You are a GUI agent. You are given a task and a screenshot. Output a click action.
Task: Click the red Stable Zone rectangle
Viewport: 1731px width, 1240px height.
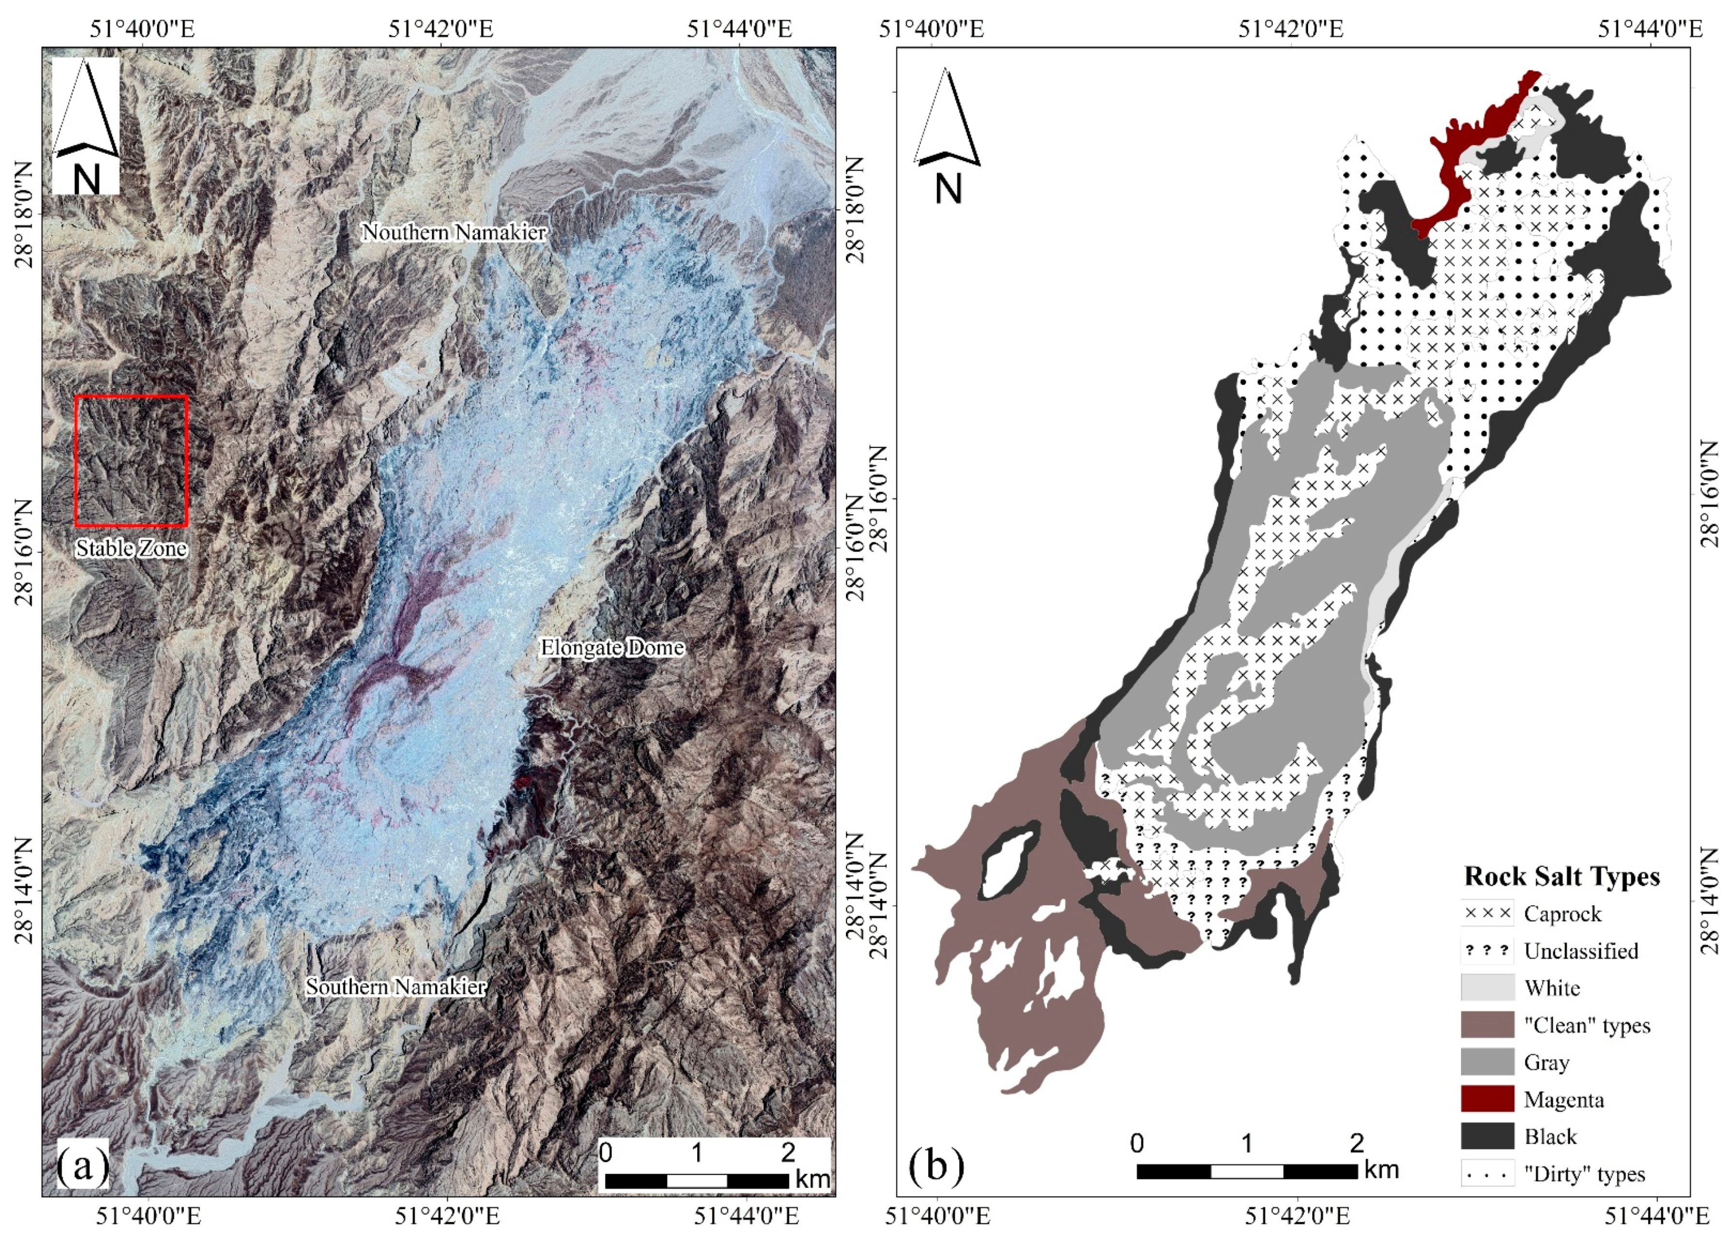(x=131, y=396)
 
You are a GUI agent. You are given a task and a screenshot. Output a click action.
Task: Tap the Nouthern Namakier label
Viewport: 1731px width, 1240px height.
(x=453, y=232)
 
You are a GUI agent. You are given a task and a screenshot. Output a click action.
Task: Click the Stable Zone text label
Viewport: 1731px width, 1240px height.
(x=131, y=548)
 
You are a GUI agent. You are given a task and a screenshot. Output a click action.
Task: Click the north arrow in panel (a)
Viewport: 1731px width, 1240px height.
(x=86, y=126)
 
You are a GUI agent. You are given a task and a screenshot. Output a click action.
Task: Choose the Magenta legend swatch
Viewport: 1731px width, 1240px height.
(x=1487, y=1100)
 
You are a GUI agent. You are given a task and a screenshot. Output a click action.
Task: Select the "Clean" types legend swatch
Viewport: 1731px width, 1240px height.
(x=1487, y=1025)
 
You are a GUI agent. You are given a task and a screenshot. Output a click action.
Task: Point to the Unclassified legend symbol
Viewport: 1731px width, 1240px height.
(x=1487, y=951)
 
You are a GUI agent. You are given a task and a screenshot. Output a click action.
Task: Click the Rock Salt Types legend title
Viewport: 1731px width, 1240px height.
(x=1562, y=876)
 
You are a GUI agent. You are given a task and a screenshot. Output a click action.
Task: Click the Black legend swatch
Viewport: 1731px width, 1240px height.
(x=1487, y=1136)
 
